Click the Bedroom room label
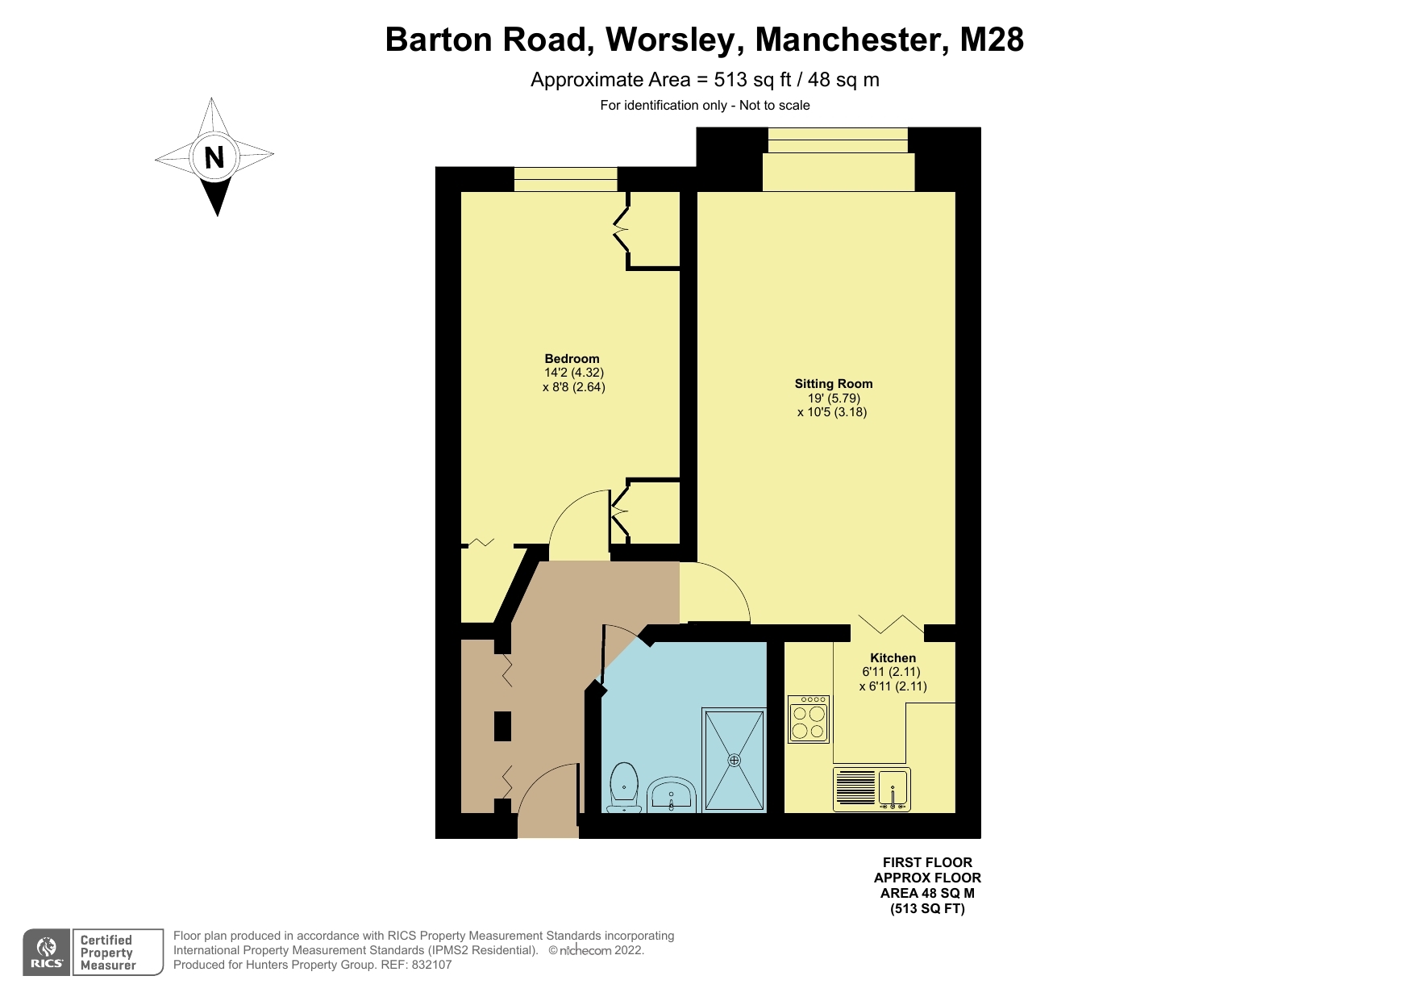[x=572, y=359]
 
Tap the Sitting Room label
[x=834, y=384]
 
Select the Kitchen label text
[x=893, y=658]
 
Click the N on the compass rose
[x=214, y=156]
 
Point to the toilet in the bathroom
[x=624, y=788]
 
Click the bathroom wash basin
[x=672, y=795]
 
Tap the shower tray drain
[x=734, y=760]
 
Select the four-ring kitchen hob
[x=809, y=719]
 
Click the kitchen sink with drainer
[x=872, y=789]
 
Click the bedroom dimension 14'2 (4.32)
[x=574, y=373]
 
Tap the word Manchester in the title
[x=851, y=39]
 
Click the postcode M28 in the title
[x=992, y=39]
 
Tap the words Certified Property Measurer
[x=108, y=953]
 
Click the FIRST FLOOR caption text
[x=927, y=862]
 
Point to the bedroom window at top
[x=565, y=179]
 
